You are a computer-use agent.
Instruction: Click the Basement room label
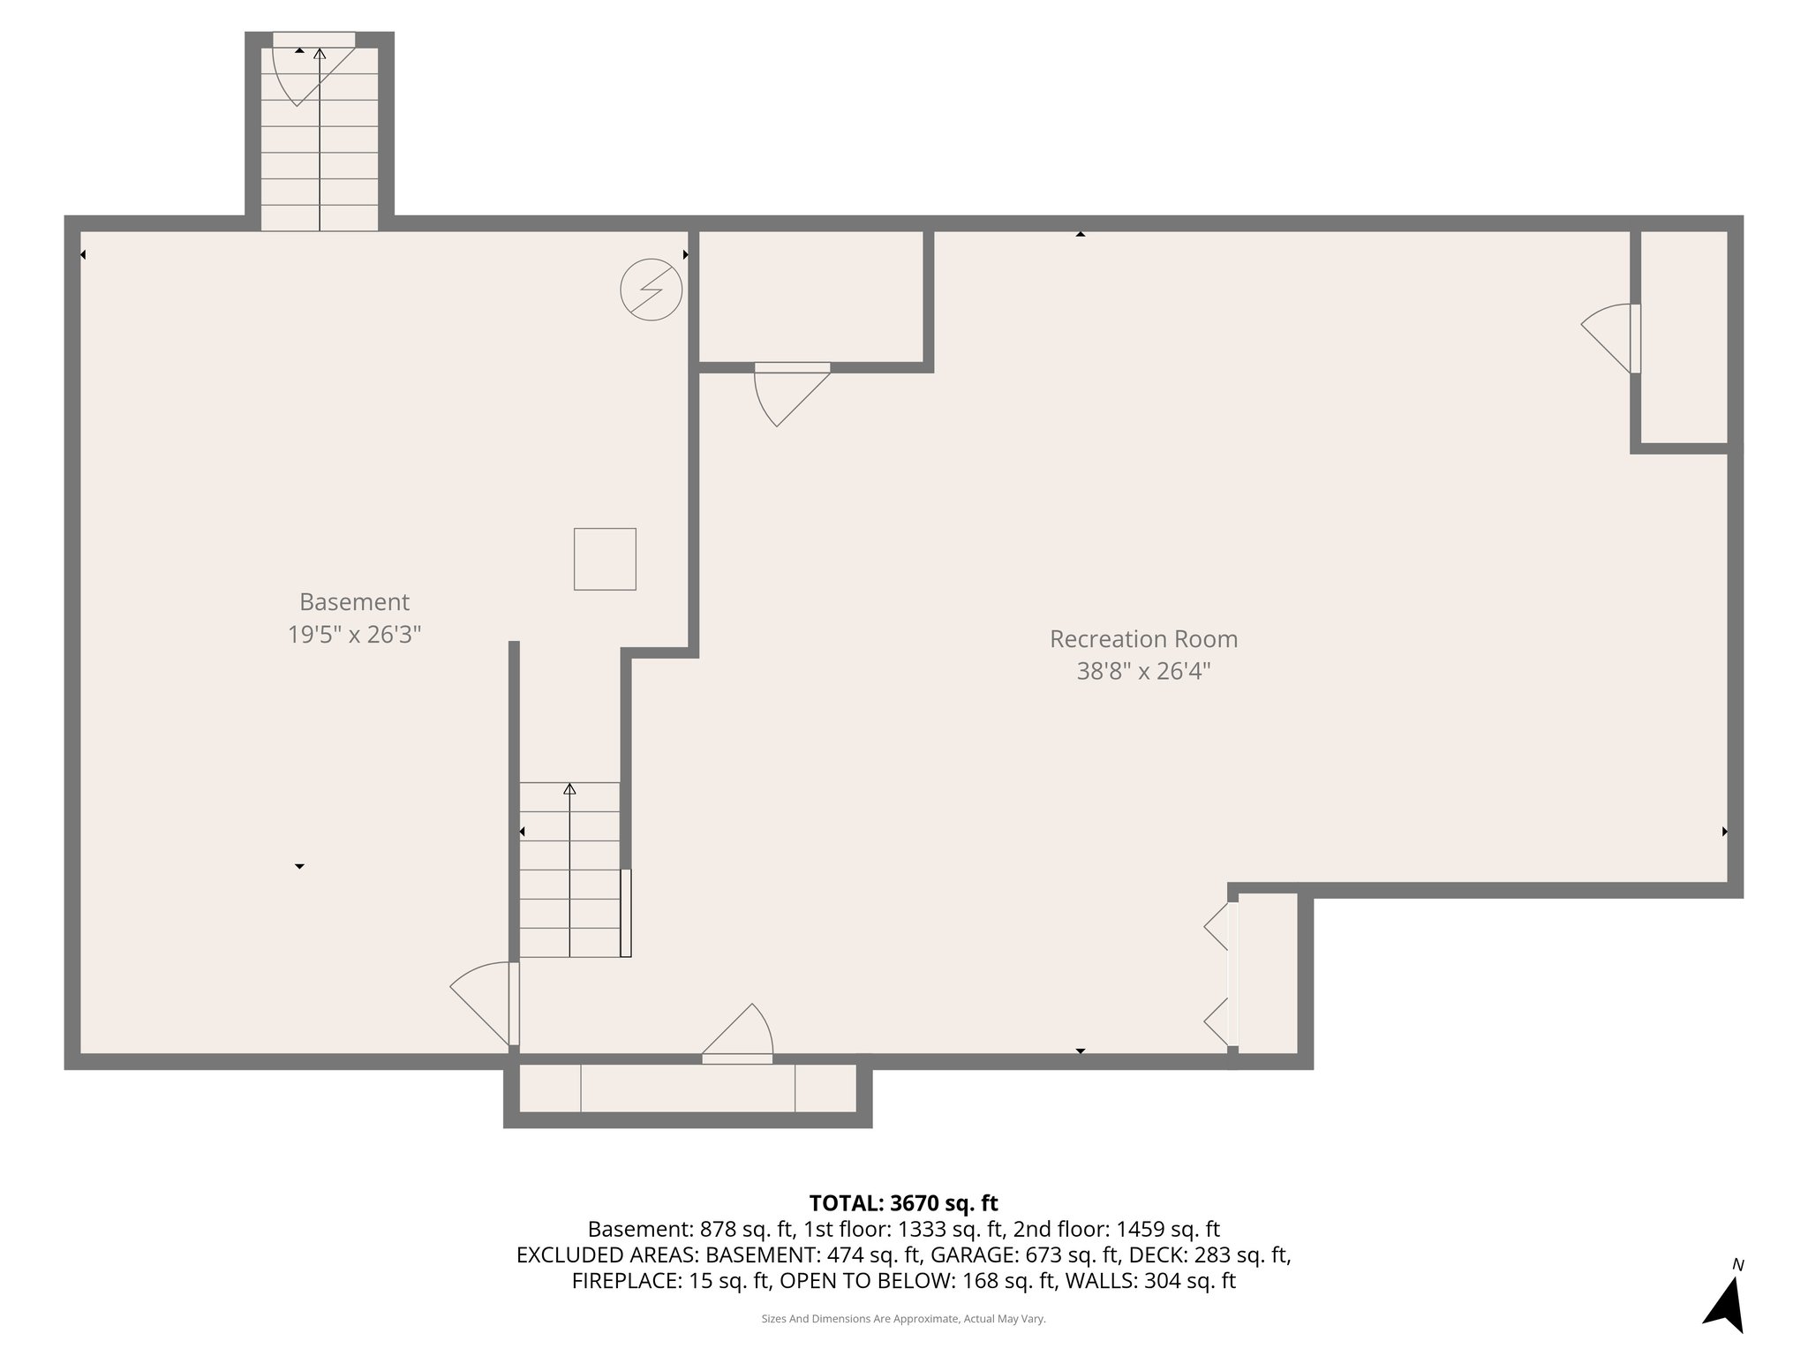[x=354, y=602]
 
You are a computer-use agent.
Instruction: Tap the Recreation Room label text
[x=1143, y=639]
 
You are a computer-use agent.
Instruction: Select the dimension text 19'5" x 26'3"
[x=354, y=635]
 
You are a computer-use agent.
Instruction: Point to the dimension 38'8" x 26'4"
[x=1143, y=672]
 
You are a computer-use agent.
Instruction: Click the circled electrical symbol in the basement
[x=652, y=290]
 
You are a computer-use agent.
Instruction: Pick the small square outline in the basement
[x=605, y=559]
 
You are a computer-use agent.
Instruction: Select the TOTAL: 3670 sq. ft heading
[x=903, y=1202]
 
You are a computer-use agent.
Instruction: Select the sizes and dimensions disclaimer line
[x=903, y=1319]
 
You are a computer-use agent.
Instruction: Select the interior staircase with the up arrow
[x=569, y=870]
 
